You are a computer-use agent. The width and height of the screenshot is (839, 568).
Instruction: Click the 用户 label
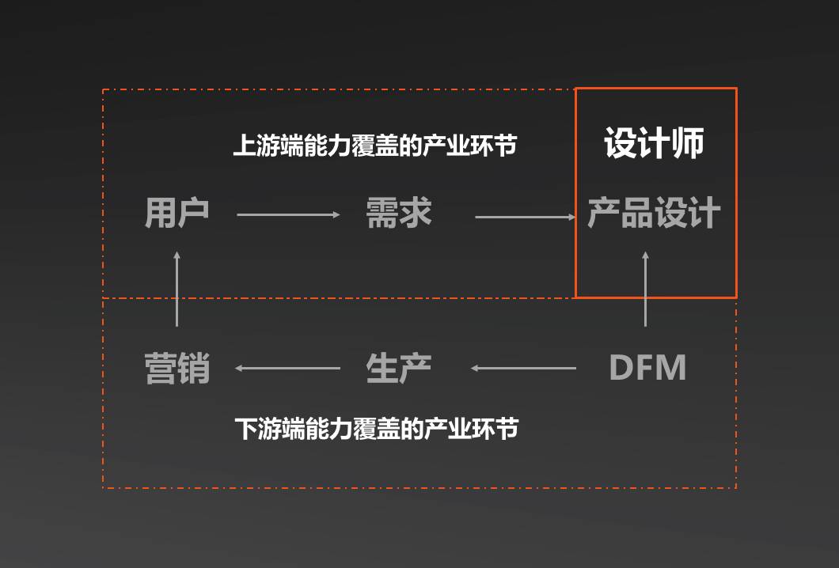177,213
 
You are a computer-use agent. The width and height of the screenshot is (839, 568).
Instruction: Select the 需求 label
399,213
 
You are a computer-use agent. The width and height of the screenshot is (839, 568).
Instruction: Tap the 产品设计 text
654,214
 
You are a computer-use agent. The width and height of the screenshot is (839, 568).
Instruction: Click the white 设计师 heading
654,143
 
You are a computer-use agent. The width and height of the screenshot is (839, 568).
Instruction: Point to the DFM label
647,368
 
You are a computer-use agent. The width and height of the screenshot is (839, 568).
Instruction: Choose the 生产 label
399,369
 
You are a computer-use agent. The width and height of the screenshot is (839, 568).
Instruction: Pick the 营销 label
177,369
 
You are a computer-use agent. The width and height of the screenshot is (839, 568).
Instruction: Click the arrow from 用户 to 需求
288,214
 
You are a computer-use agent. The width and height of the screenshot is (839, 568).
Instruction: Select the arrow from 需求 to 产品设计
526,216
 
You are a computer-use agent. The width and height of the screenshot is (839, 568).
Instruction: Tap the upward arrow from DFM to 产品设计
645,289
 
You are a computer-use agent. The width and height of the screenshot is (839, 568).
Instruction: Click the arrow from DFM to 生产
523,368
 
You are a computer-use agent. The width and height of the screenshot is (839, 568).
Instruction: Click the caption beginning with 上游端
374,146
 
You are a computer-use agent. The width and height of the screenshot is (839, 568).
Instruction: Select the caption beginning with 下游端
377,429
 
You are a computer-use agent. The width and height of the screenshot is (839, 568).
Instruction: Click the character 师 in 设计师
687,143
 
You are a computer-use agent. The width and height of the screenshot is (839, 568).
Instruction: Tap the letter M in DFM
670,368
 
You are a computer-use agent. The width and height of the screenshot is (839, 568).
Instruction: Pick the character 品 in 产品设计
637,214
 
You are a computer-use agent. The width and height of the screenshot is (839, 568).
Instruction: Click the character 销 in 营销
194,369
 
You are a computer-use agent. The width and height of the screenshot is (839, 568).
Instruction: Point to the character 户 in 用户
193,213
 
